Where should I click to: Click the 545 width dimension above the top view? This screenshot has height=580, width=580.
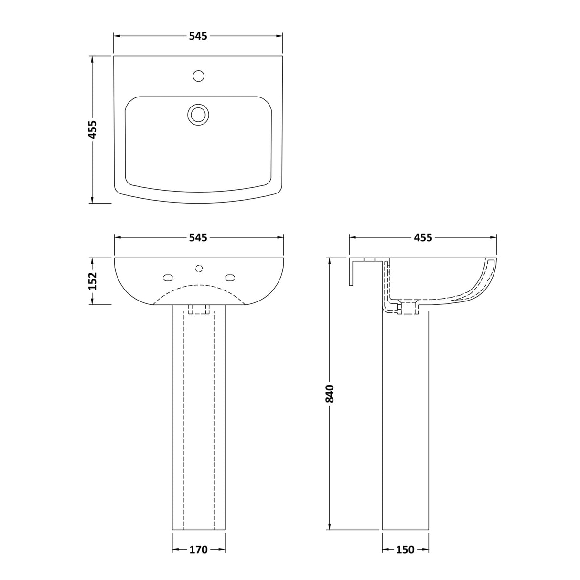(198, 36)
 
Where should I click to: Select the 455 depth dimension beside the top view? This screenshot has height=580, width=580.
(92, 129)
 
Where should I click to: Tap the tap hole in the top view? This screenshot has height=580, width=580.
(198, 75)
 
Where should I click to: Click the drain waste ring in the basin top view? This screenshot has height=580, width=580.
(198, 114)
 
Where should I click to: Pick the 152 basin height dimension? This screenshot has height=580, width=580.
(92, 281)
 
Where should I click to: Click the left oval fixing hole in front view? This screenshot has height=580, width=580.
(168, 277)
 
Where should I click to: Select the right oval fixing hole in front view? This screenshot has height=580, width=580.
(230, 277)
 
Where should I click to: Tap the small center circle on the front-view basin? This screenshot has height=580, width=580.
(199, 268)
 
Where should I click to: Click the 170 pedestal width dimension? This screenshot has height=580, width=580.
(198, 550)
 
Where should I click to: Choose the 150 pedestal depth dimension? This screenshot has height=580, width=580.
(405, 550)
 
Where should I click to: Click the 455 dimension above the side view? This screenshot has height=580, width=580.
(423, 237)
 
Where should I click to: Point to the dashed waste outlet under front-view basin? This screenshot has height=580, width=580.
(199, 310)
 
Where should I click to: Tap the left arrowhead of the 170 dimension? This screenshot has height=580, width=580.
(175, 550)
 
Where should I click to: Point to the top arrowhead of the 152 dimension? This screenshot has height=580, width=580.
(92, 261)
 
